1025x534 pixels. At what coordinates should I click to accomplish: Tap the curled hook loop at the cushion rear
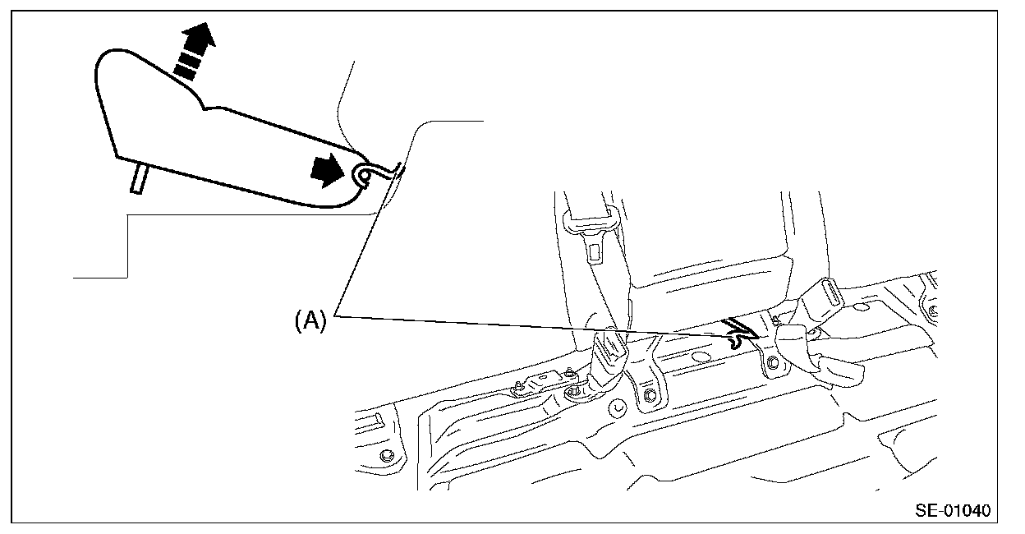365,174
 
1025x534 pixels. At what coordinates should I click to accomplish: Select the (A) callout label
311,320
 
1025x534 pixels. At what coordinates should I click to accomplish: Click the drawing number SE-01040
953,510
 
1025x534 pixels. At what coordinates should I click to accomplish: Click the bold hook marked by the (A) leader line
738,332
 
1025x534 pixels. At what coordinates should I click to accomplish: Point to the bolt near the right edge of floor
933,311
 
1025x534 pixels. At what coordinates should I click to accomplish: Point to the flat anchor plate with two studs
538,383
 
